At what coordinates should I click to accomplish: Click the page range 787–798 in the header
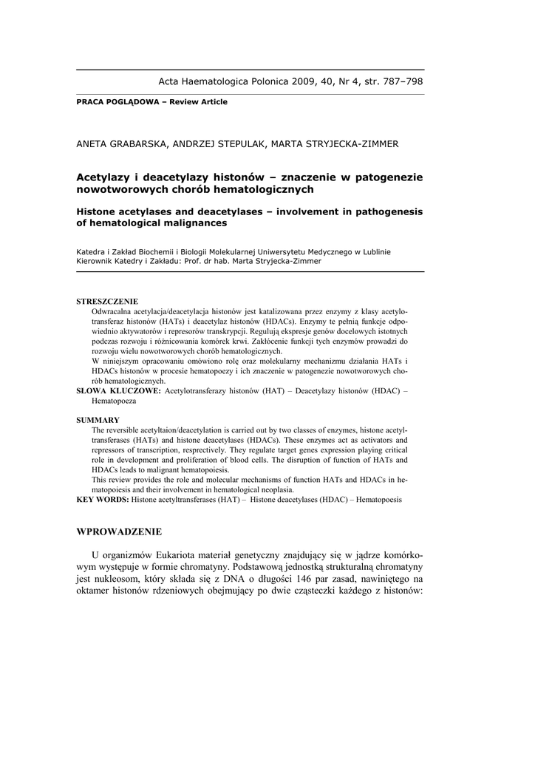(398, 81)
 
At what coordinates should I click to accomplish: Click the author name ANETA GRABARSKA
(121, 144)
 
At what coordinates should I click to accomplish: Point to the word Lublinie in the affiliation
(373, 251)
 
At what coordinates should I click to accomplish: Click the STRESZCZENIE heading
(107, 302)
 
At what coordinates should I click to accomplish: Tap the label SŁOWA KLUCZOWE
(118, 390)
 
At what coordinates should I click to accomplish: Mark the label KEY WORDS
(103, 500)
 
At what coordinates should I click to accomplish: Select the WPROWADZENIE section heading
(119, 532)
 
